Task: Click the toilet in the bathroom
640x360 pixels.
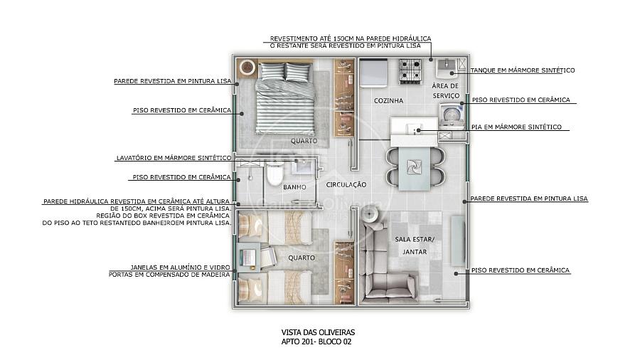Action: [x=274, y=174]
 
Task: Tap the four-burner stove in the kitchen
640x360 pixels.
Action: [x=410, y=71]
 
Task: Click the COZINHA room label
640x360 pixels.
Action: [x=388, y=100]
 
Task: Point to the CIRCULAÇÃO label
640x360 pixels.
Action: [x=346, y=184]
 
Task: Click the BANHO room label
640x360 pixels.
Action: [x=294, y=187]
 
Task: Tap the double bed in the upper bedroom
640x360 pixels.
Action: [x=285, y=98]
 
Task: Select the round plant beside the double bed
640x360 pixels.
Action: [x=247, y=67]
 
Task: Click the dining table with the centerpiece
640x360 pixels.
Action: [x=415, y=168]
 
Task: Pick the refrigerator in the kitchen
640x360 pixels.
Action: [x=373, y=73]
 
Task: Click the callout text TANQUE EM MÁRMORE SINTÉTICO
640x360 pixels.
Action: [x=523, y=70]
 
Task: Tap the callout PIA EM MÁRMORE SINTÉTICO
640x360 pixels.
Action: [x=516, y=127]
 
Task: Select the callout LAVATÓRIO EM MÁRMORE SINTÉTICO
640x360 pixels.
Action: [x=174, y=157]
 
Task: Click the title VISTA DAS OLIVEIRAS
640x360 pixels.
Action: [x=318, y=333]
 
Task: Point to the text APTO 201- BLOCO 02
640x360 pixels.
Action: [x=316, y=342]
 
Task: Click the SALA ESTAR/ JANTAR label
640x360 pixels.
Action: [x=415, y=245]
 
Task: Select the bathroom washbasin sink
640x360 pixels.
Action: [x=302, y=166]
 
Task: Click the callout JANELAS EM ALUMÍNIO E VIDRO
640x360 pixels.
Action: [x=180, y=268]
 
